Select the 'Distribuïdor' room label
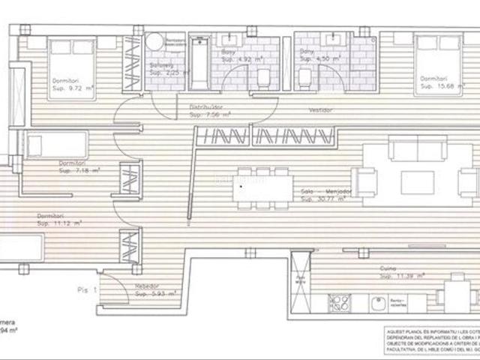pos(205,108)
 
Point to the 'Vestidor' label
pos(320,110)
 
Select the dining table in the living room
pos(261,187)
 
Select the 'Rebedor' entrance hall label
pos(145,286)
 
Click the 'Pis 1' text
pos(88,286)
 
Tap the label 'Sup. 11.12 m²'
pos(60,223)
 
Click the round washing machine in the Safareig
pos(154,43)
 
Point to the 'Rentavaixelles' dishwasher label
pos(397,304)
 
